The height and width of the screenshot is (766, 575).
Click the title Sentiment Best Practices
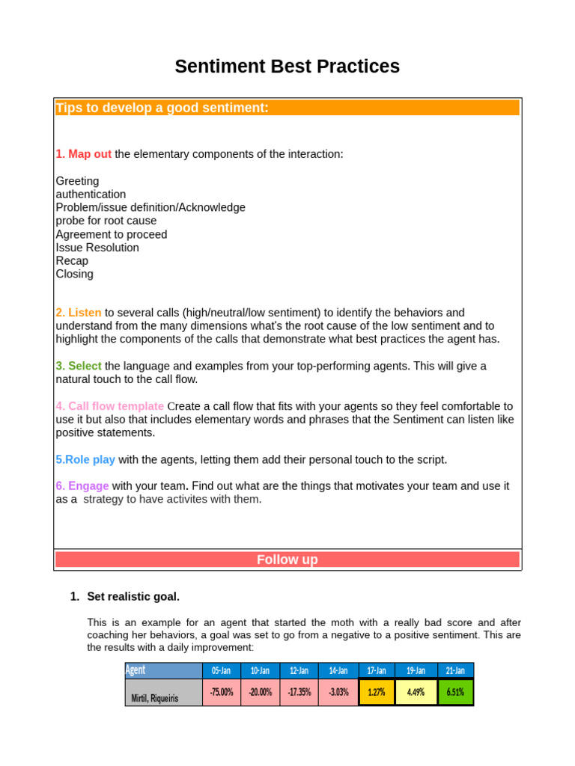click(x=287, y=67)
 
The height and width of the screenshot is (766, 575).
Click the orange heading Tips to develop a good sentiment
click(x=162, y=108)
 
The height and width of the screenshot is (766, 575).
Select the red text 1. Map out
click(x=83, y=154)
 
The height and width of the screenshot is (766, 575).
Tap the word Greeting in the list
click(x=77, y=181)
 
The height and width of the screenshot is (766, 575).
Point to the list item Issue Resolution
click(x=97, y=248)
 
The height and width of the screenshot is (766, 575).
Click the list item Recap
click(x=72, y=261)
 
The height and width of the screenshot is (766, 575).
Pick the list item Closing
click(x=75, y=274)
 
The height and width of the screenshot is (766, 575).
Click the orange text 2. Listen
click(x=79, y=313)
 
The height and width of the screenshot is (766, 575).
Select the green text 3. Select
click(x=79, y=366)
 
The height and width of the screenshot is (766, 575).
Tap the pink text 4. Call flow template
click(x=109, y=406)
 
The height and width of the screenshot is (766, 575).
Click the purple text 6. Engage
click(x=82, y=485)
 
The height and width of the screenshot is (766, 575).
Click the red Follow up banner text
click(x=287, y=560)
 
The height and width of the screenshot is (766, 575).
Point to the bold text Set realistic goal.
click(x=133, y=596)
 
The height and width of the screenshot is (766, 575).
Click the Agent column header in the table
click(x=136, y=670)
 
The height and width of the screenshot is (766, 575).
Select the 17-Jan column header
click(x=377, y=670)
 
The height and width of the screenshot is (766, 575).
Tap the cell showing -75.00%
click(x=222, y=692)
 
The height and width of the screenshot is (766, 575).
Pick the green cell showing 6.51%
click(x=455, y=692)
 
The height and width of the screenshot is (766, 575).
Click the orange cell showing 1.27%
click(x=377, y=692)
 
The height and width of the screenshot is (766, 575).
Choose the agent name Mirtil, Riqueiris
click(x=156, y=699)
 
